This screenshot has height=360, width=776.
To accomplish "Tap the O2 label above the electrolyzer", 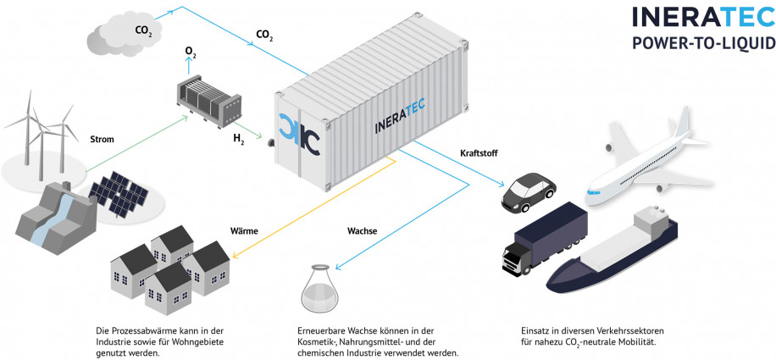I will (191, 52).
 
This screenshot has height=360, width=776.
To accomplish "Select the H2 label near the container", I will (240, 136).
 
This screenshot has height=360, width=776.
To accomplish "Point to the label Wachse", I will (363, 230).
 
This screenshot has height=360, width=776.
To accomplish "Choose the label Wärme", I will (244, 230).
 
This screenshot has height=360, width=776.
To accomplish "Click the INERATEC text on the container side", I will (401, 116).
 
